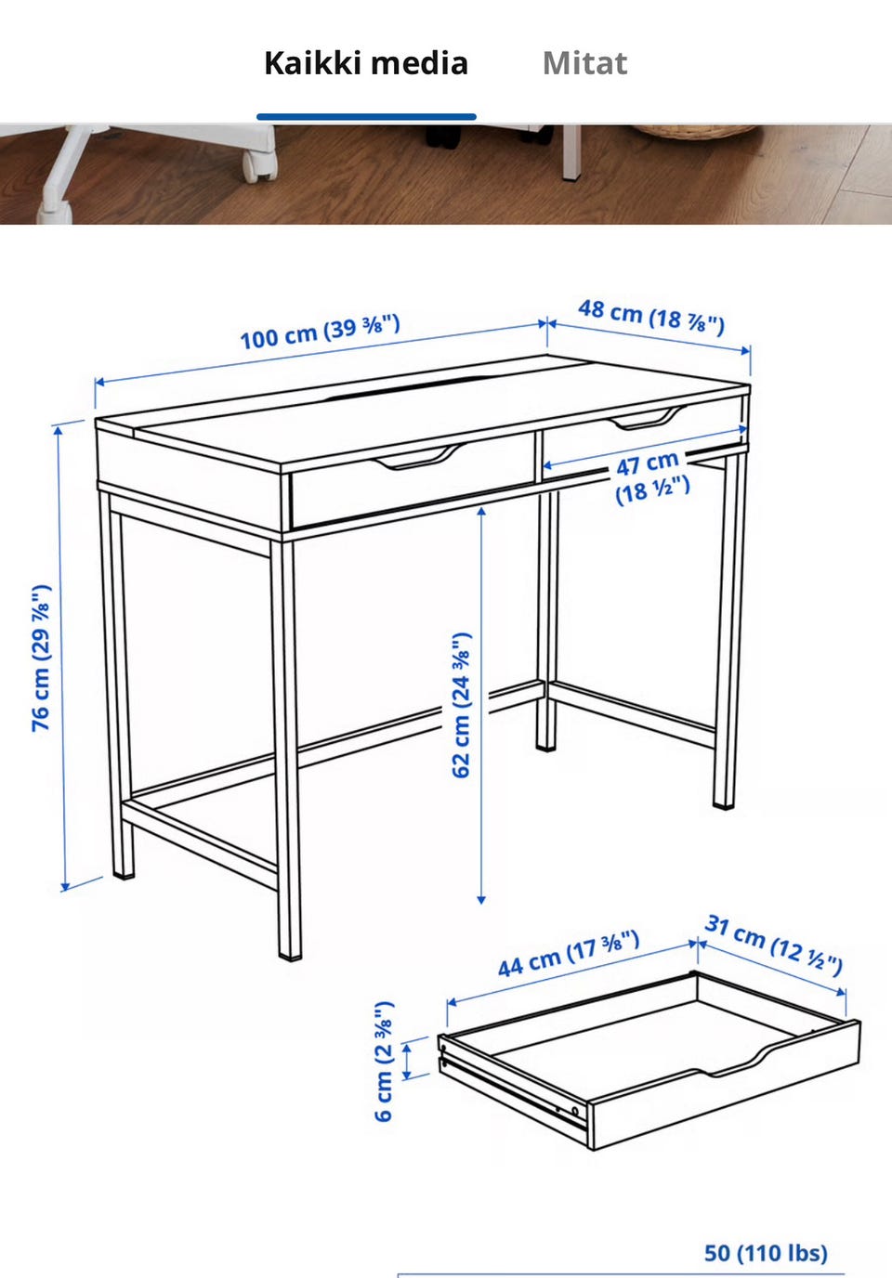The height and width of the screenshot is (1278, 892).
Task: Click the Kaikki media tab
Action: pyautogui.click(x=366, y=63)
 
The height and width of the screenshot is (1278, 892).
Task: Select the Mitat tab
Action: pyautogui.click(x=585, y=63)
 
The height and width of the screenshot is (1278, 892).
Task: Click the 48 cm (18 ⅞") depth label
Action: pyautogui.click(x=651, y=317)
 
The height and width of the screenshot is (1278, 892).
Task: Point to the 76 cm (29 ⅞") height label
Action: pyautogui.click(x=41, y=658)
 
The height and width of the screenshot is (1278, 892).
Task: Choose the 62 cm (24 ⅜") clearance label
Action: pyautogui.click(x=461, y=705)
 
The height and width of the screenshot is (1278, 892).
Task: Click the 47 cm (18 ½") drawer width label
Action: pyautogui.click(x=651, y=477)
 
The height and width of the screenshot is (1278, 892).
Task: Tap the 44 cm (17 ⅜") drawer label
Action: pyautogui.click(x=569, y=953)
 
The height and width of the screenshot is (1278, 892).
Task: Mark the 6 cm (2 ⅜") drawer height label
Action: pyautogui.click(x=384, y=1062)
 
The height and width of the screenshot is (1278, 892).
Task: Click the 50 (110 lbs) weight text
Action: pyautogui.click(x=766, y=1253)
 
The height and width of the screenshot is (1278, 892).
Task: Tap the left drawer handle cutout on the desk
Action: pyautogui.click(x=419, y=457)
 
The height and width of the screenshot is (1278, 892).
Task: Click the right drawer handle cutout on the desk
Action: pyautogui.click(x=647, y=418)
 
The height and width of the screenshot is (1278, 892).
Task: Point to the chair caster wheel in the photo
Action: pyautogui.click(x=258, y=166)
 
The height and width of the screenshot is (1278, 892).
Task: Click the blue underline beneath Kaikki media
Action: pyautogui.click(x=366, y=117)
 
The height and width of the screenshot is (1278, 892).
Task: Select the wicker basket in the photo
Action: pyautogui.click(x=695, y=132)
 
